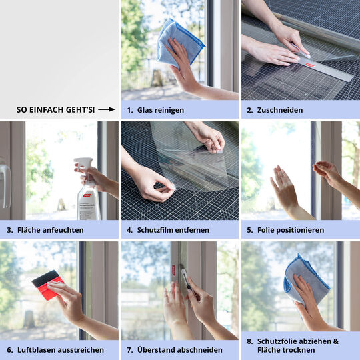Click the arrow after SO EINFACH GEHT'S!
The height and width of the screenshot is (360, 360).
tap(107, 109)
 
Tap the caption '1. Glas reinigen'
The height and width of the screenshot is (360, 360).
tap(155, 110)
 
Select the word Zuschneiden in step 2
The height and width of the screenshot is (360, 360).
tap(280, 110)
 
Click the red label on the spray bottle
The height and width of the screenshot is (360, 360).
tap(87, 195)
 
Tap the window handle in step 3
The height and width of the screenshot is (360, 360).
tap(5, 184)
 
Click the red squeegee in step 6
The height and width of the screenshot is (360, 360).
tap(47, 285)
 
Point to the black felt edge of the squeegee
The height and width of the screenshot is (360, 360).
tap(45, 278)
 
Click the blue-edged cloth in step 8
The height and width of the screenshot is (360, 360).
tap(307, 279)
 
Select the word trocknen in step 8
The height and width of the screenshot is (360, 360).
tap(297, 350)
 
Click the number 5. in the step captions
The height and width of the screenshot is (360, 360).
tap(250, 230)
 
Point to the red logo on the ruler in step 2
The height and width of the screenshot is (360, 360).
tap(310, 65)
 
